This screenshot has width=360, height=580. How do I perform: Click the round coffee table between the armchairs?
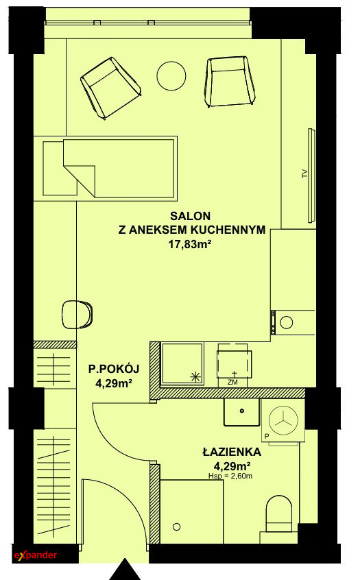171,75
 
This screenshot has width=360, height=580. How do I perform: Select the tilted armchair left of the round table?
110,88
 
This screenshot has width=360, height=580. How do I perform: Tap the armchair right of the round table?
230,82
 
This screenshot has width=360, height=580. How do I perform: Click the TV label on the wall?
305,173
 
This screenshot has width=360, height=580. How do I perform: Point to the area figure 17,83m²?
190,244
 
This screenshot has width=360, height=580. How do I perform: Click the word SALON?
190,216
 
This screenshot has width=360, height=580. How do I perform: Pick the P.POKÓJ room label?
114,369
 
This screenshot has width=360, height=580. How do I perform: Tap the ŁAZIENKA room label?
232,452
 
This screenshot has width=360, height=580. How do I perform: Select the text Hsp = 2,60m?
230,476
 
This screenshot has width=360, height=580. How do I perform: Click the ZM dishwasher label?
232,383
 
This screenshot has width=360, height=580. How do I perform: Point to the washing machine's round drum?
283,420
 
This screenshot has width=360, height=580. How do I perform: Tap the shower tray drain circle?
176,527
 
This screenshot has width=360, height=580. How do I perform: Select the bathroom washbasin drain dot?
242,411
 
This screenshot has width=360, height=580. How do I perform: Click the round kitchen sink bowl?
287,322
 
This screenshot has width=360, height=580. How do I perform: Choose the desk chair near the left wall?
77,315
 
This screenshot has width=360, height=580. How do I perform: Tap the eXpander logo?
36,555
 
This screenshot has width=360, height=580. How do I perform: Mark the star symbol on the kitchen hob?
195,377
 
